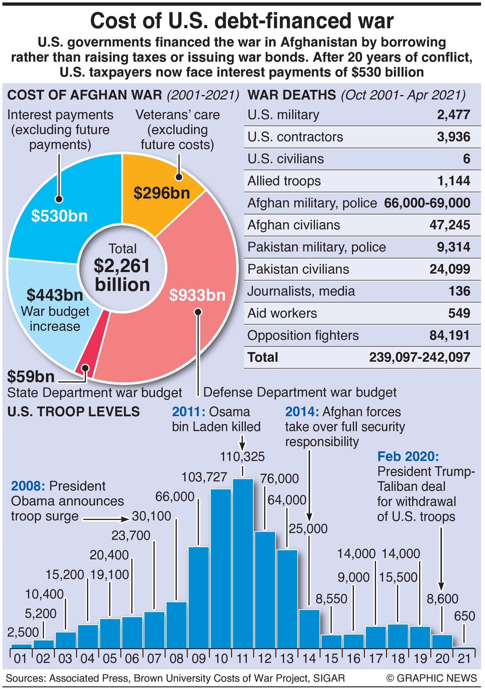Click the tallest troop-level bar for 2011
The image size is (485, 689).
243,563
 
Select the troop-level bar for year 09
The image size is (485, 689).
199,597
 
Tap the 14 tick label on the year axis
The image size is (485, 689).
309,659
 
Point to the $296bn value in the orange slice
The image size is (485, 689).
162,193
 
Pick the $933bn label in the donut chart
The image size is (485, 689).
197,295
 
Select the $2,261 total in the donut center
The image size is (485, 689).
122,266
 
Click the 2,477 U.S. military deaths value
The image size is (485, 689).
453,115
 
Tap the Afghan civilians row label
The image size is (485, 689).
294,225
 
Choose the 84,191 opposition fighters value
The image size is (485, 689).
449,335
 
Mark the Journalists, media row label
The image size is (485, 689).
301,291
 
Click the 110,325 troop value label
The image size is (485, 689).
242,457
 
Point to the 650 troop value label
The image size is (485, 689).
464,616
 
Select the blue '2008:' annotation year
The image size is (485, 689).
28,486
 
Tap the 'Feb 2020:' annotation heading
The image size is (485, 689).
408,457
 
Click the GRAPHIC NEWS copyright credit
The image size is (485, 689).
432,678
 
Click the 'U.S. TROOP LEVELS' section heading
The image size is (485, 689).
73,412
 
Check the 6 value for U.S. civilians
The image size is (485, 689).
466,159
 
